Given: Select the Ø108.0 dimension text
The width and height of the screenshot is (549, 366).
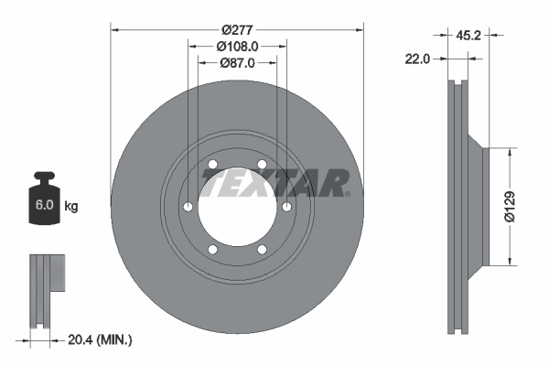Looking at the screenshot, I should [x=237, y=46].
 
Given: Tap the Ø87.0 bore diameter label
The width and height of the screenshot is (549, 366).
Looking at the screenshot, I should [x=237, y=63].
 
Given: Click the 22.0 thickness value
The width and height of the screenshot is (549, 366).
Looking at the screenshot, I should [x=417, y=59].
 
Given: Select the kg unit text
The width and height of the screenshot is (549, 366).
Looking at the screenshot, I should [x=71, y=207].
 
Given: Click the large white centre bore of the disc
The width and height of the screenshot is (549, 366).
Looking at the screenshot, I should [x=236, y=206].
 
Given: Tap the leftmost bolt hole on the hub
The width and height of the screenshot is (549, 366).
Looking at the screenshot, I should [x=187, y=207].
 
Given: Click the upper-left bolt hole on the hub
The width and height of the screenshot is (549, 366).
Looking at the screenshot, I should [x=212, y=165].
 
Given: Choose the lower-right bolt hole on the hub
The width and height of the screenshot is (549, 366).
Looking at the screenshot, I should [x=262, y=249].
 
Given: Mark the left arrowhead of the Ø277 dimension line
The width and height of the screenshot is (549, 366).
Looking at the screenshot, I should [x=115, y=29].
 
